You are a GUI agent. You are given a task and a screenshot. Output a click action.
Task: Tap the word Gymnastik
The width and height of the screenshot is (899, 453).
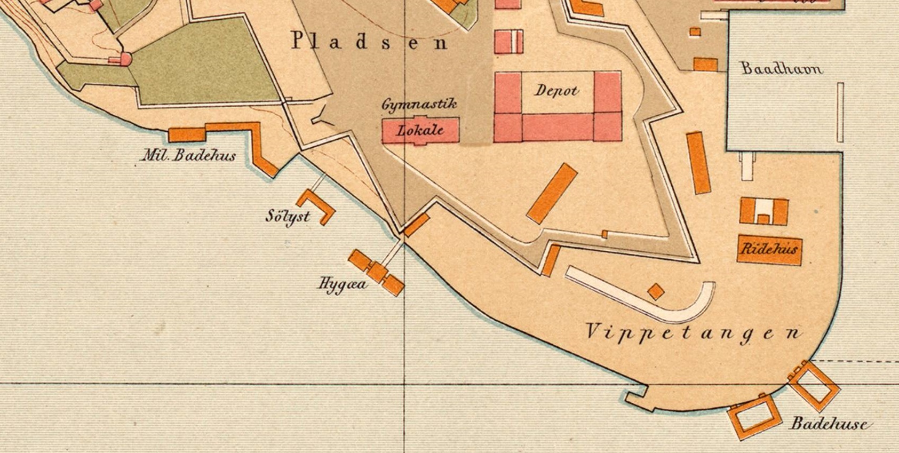coord(419,104)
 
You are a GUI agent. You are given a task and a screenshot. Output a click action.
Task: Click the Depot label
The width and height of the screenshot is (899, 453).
coord(556,91)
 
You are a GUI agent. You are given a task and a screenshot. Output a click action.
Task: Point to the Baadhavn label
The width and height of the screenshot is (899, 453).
coord(782,68)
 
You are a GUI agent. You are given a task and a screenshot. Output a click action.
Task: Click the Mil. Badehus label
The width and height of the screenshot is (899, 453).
coord(188,155)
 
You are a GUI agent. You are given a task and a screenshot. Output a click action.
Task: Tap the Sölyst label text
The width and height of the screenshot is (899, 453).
coord(288,217)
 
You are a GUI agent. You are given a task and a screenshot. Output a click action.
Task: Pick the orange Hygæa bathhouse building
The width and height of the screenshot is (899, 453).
coord(376,272)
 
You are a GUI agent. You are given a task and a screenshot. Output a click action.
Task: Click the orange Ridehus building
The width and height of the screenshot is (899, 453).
coord(769,249)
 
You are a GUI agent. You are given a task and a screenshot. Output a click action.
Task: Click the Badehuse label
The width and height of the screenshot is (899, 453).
coord(831,424)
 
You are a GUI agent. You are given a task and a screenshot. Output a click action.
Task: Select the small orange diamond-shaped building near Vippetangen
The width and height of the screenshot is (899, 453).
coord(656,292)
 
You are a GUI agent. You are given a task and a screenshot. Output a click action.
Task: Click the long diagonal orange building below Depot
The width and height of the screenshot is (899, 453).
coord(552,193)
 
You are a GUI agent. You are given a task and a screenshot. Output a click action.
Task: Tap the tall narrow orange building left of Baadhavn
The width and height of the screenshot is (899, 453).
coord(698,163)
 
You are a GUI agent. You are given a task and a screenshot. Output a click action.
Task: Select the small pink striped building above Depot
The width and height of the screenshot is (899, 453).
coord(508,42)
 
